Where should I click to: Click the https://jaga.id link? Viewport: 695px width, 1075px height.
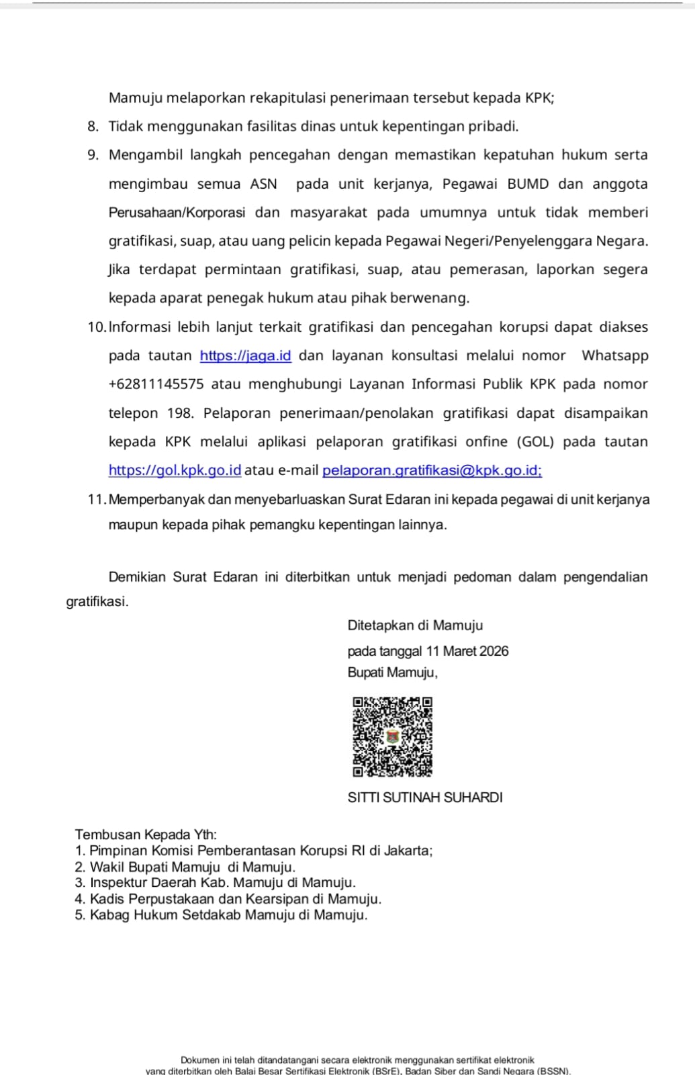(245, 355)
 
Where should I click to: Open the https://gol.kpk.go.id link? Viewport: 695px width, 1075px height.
(175, 470)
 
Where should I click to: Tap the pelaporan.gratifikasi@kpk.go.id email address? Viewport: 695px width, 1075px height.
(432, 470)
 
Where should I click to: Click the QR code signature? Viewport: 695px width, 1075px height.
(393, 736)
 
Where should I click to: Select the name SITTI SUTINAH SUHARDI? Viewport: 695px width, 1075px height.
(425, 798)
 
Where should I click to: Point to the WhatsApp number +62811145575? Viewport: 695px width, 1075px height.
(156, 384)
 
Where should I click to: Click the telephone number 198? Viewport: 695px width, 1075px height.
(180, 413)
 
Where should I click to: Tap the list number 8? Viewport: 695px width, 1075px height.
(93, 126)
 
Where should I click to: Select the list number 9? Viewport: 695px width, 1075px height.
(93, 155)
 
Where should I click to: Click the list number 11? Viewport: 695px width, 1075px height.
(96, 499)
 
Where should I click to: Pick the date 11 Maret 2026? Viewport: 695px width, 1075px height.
(467, 651)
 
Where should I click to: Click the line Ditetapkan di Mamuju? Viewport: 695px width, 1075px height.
(415, 626)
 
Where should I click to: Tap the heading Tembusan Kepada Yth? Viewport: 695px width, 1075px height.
(146, 834)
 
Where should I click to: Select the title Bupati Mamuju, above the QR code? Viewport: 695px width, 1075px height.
(392, 672)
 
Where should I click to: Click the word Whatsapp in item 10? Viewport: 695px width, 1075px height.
(614, 355)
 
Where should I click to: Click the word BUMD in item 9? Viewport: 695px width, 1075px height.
(528, 184)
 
